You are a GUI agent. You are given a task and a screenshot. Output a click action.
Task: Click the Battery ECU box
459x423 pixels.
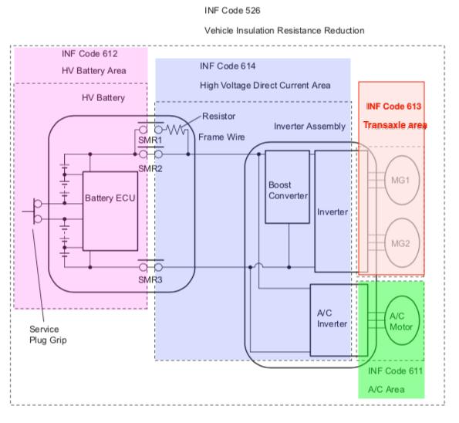[110, 211]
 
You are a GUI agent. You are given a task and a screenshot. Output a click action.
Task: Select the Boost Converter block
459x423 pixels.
[288, 187]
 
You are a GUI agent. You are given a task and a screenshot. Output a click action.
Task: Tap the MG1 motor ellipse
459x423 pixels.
[402, 180]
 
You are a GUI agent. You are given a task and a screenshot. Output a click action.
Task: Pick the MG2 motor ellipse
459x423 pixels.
[402, 243]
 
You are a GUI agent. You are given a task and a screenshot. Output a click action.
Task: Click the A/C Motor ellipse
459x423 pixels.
[402, 320]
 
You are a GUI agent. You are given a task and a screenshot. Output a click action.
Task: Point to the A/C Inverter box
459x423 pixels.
[339, 320]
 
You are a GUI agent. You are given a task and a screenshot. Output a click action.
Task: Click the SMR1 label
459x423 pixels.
[150, 140]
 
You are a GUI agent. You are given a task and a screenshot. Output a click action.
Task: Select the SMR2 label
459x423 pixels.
[150, 169]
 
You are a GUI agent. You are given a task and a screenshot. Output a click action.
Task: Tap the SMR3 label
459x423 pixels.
[150, 279]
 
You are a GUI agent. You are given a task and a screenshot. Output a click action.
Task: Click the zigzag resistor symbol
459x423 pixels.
[175, 130]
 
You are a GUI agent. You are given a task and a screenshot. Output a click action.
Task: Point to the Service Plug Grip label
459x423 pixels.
[48, 334]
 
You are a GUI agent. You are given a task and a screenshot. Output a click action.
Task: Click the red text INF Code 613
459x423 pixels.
[393, 106]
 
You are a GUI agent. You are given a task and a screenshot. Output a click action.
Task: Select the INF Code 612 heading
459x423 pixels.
[89, 53]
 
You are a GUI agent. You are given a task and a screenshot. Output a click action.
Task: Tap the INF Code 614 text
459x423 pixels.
[228, 66]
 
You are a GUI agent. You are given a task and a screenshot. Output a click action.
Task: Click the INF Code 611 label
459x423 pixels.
[395, 371]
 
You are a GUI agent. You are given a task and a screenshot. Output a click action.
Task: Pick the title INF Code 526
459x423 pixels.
[232, 11]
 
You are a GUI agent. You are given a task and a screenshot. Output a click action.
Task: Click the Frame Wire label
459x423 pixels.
[221, 137]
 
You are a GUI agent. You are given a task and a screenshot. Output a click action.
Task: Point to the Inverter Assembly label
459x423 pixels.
[309, 127]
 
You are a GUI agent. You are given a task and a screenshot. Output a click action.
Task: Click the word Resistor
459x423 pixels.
[218, 117]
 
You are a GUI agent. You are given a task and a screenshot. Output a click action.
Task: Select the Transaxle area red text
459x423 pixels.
[395, 125]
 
